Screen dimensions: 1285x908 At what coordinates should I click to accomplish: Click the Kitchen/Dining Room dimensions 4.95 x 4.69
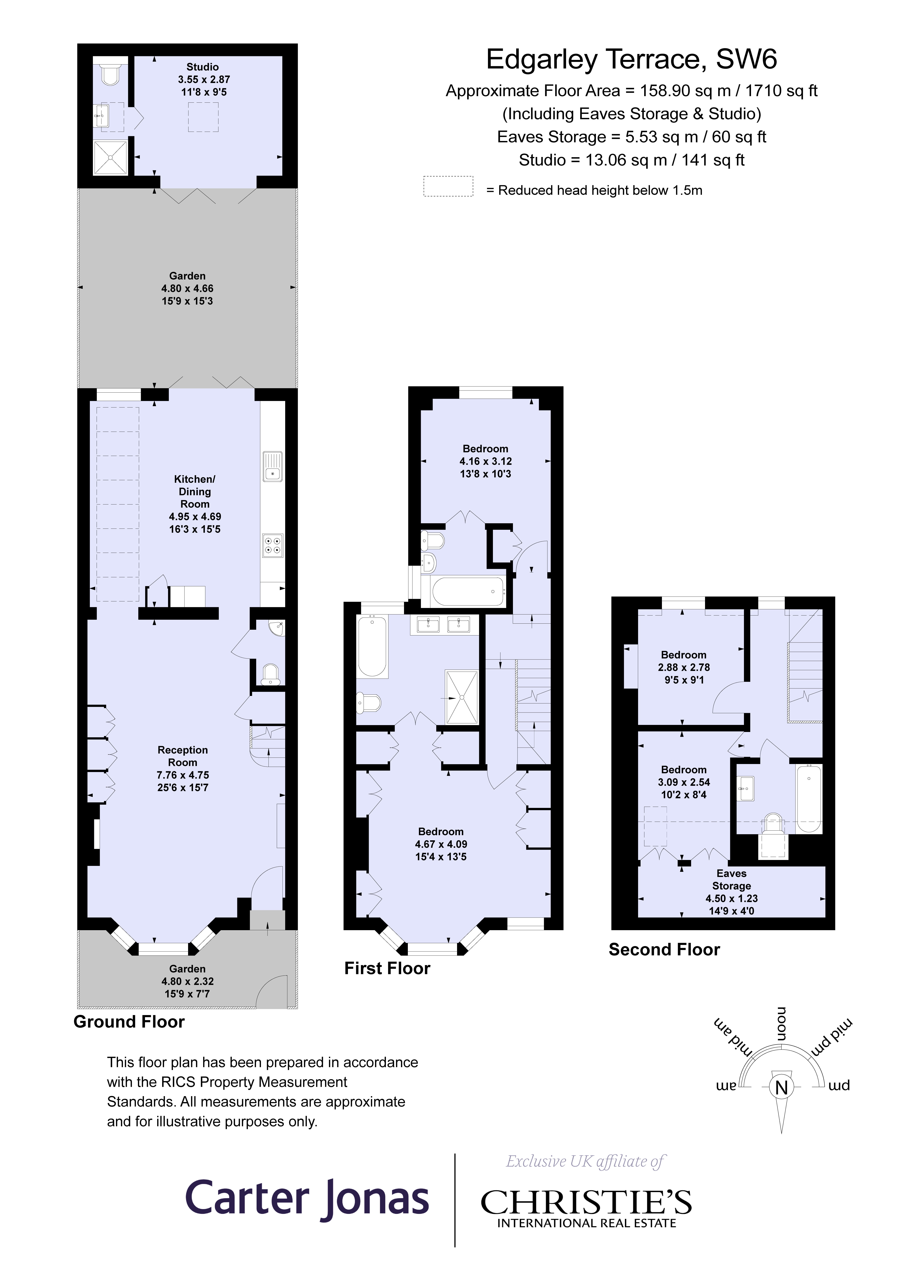(195, 517)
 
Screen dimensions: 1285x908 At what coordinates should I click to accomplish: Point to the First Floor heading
(387, 968)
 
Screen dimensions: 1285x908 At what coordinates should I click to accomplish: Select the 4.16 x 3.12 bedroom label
(485, 461)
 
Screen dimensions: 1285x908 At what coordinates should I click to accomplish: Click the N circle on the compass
(782, 1087)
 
